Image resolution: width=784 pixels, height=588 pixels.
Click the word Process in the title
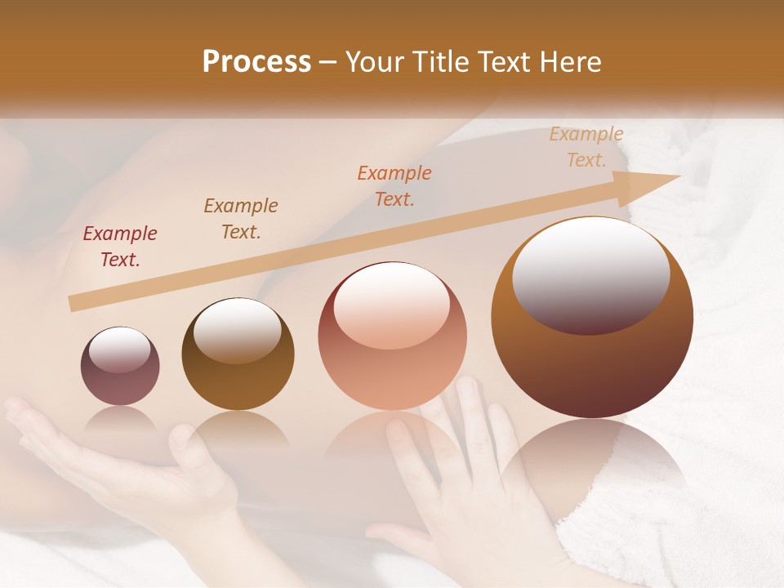click(x=256, y=62)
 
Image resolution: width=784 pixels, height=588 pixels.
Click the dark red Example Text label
click(x=120, y=247)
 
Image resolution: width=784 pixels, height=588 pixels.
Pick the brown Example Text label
click(x=241, y=219)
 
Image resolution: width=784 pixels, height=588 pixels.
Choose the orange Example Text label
click(x=394, y=186)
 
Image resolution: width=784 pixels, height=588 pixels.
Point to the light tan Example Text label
click(x=586, y=147)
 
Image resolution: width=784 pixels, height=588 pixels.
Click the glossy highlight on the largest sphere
click(x=590, y=274)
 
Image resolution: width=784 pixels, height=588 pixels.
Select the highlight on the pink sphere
click(x=391, y=305)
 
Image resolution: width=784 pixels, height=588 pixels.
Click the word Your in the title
click(x=376, y=62)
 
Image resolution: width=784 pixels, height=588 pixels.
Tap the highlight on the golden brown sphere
click(x=237, y=330)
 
